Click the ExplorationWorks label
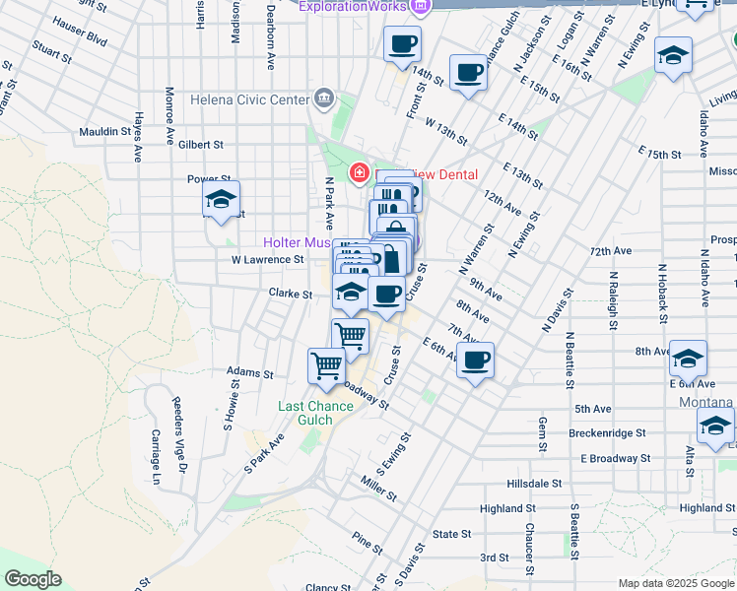(352, 7)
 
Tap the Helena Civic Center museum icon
(323, 98)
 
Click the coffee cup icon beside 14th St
(402, 44)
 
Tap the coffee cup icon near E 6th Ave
(475, 361)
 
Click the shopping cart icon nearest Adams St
(326, 365)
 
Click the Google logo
(32, 579)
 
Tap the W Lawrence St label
(267, 260)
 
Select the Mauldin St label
(105, 131)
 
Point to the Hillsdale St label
(534, 485)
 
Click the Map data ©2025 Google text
(674, 583)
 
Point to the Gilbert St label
(201, 145)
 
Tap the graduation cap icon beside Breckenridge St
(715, 427)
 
